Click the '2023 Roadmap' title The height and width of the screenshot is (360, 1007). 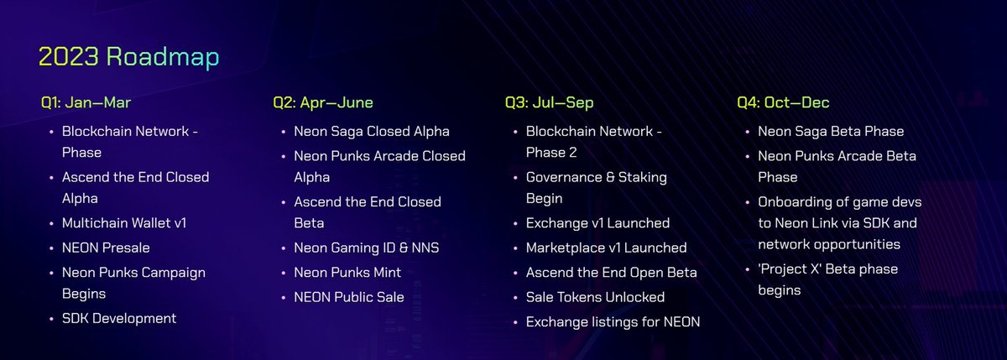point(129,56)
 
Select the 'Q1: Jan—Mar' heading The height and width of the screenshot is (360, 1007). point(86,103)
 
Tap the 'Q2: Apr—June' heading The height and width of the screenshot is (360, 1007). point(323,103)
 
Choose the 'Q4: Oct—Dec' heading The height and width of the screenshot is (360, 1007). point(783,103)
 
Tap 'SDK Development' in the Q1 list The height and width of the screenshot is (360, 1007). point(119,318)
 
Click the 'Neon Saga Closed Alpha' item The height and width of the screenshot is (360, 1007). point(372,132)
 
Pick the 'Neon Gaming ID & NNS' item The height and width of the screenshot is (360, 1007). point(367,248)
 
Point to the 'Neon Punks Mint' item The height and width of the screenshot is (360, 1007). point(347,273)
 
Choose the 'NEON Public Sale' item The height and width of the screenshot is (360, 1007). point(349,297)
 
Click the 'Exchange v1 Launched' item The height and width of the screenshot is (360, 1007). point(597,223)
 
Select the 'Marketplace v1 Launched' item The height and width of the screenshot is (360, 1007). point(607,248)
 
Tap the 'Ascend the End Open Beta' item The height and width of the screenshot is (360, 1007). point(611,273)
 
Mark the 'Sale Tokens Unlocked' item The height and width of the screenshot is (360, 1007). point(595,297)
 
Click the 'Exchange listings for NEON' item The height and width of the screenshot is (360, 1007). point(613,321)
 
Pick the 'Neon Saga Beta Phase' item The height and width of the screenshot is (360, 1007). point(831,132)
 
